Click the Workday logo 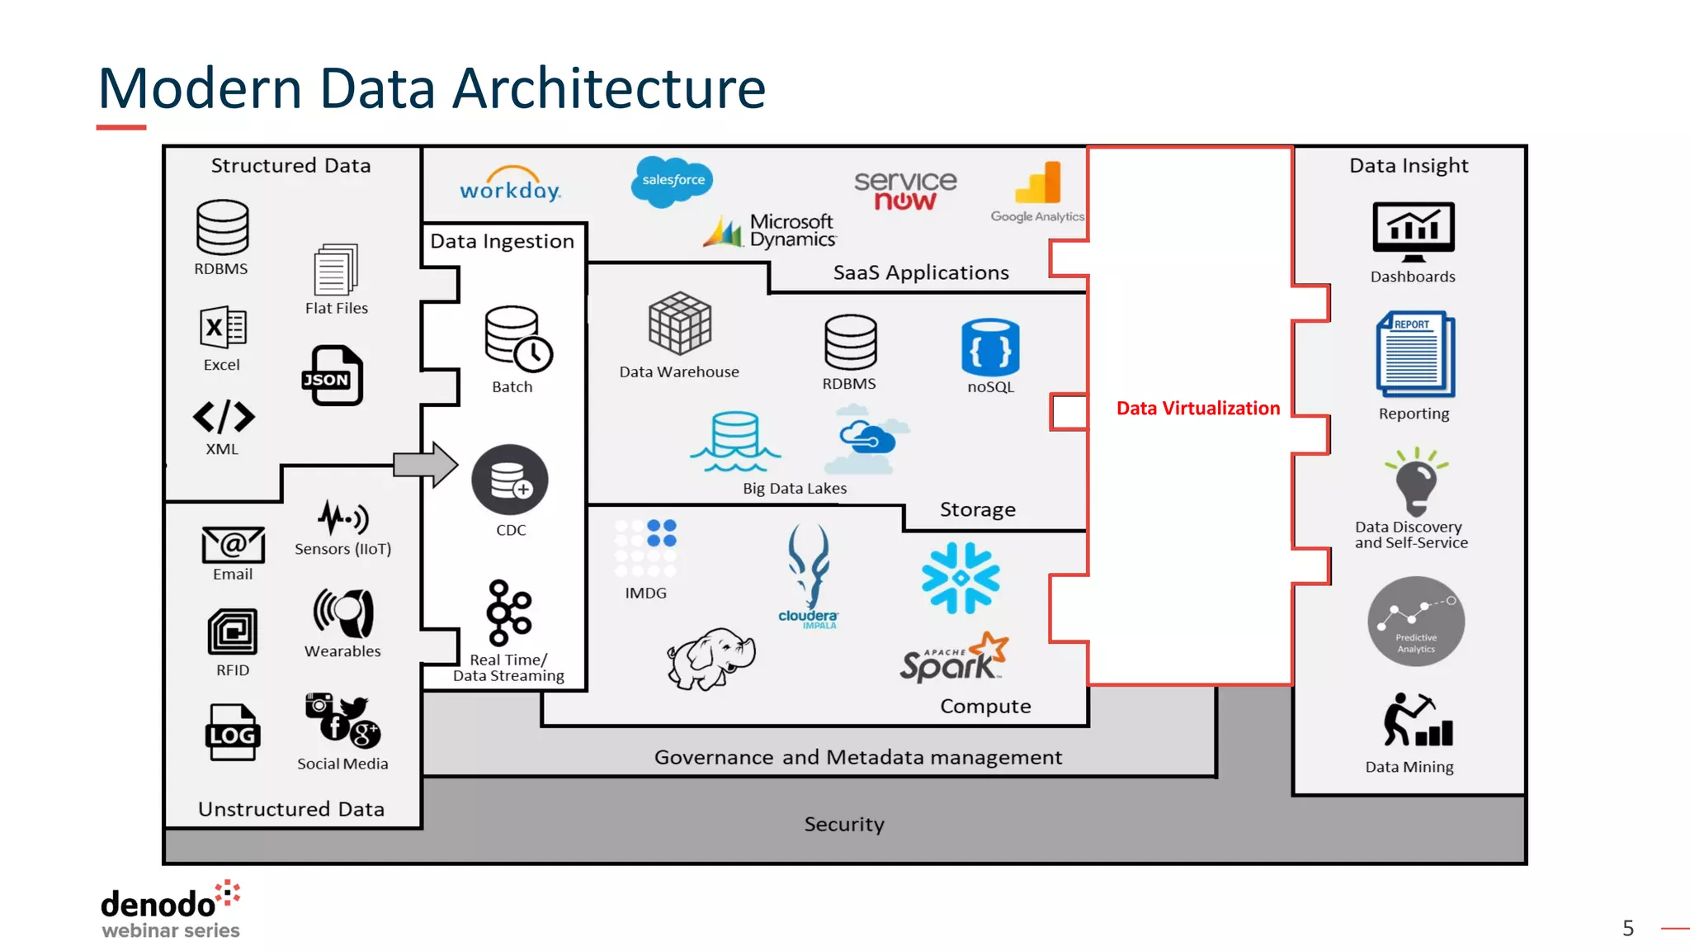click(510, 186)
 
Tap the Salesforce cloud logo click(672, 181)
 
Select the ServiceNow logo click(905, 191)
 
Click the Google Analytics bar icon click(1040, 182)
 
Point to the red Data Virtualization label click(1197, 408)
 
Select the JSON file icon click(333, 376)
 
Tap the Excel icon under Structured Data click(222, 328)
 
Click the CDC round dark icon click(510, 480)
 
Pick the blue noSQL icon click(990, 348)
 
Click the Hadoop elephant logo click(710, 658)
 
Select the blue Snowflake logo click(961, 578)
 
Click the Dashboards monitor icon click(1413, 231)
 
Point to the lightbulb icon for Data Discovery click(1416, 482)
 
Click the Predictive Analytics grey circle click(1415, 622)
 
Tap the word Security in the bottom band click(844, 824)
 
